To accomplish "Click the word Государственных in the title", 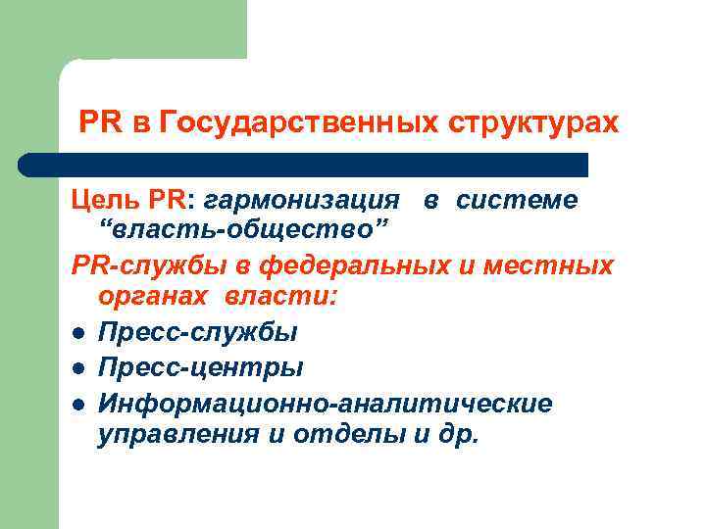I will [x=298, y=124].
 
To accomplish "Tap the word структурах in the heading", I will [x=533, y=124].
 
